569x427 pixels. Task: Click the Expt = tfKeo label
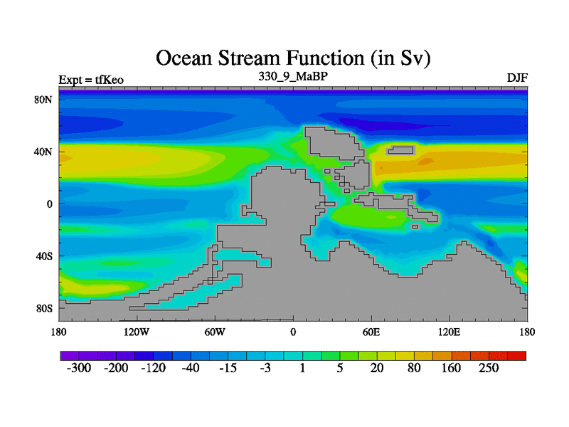pyautogui.click(x=91, y=80)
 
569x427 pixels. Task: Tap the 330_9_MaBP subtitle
pyautogui.click(x=293, y=77)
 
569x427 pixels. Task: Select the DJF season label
pyautogui.click(x=517, y=78)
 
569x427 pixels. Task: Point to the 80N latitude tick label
pyautogui.click(x=43, y=100)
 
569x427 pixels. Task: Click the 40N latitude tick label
pyautogui.click(x=43, y=152)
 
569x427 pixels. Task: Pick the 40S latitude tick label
pyautogui.click(x=44, y=256)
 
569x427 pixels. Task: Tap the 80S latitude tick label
pyautogui.click(x=44, y=309)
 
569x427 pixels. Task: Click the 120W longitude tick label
pyautogui.click(x=137, y=332)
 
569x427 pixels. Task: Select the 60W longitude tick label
pyautogui.click(x=215, y=332)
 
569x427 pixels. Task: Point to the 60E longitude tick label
pyautogui.click(x=371, y=332)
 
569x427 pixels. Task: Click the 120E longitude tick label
pyautogui.click(x=450, y=332)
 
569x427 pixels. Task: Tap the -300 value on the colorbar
pyautogui.click(x=79, y=368)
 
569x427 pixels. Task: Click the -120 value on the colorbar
pyautogui.click(x=153, y=368)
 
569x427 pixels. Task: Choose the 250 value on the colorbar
pyautogui.click(x=489, y=368)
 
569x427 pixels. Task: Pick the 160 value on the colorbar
pyautogui.click(x=451, y=368)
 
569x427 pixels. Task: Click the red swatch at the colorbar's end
pyautogui.click(x=517, y=356)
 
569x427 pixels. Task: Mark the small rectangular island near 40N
pyautogui.click(x=400, y=150)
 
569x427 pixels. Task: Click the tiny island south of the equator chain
pyautogui.click(x=415, y=227)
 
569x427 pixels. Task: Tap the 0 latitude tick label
pyautogui.click(x=50, y=204)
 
